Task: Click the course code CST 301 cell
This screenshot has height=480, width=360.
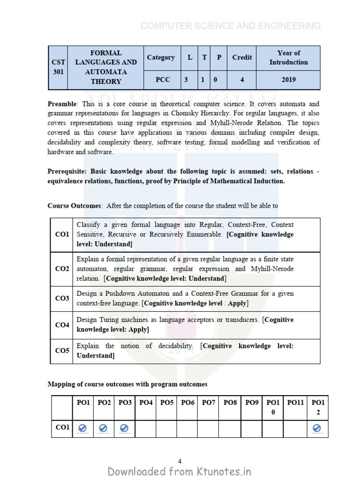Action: [58, 67]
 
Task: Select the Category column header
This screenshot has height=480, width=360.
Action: [160, 58]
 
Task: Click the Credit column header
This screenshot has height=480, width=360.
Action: [242, 58]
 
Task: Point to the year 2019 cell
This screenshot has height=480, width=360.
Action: [289, 80]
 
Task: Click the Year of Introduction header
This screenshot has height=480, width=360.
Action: [289, 58]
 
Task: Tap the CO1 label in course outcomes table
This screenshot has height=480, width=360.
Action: [62, 234]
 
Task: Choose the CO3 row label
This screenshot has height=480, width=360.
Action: [62, 299]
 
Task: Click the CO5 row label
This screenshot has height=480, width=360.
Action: [62, 351]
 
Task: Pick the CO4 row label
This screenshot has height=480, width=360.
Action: [62, 325]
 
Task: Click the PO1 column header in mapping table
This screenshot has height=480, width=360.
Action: [83, 403]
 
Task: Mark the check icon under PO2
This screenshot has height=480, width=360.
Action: [104, 428]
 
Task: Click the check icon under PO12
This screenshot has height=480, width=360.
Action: [317, 428]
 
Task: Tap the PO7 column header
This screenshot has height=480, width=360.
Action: [208, 403]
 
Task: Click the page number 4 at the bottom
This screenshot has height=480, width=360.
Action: [180, 461]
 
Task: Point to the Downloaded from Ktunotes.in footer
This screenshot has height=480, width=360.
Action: [180, 472]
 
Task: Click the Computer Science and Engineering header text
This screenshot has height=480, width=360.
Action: [231, 26]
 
